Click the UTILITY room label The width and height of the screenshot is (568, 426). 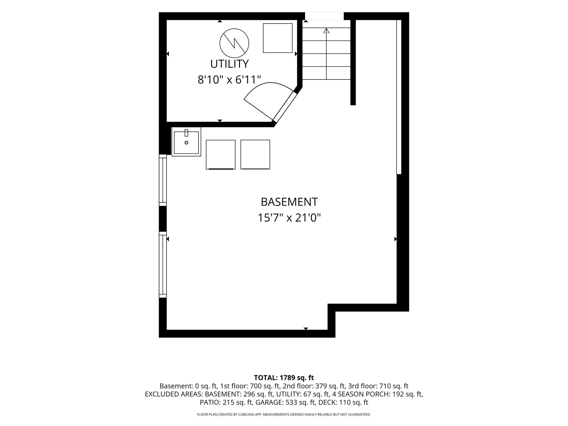tap(229, 64)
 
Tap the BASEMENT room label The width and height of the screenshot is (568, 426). tap(289, 202)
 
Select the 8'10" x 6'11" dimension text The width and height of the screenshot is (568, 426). tap(229, 80)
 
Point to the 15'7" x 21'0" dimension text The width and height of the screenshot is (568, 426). tap(289, 218)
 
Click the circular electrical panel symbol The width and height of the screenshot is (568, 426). tap(234, 43)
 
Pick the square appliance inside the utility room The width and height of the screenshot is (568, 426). tap(278, 38)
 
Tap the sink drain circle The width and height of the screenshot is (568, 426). tap(187, 143)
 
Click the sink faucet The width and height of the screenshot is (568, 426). tap(187, 133)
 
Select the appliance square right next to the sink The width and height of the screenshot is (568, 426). tap(221, 155)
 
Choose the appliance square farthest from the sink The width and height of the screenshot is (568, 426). tap(255, 155)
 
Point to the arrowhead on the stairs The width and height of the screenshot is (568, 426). tap(326, 31)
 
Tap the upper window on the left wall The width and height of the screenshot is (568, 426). tap(163, 180)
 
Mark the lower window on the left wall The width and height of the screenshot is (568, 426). tap(163, 265)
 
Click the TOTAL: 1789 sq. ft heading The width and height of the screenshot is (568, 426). tap(284, 378)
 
